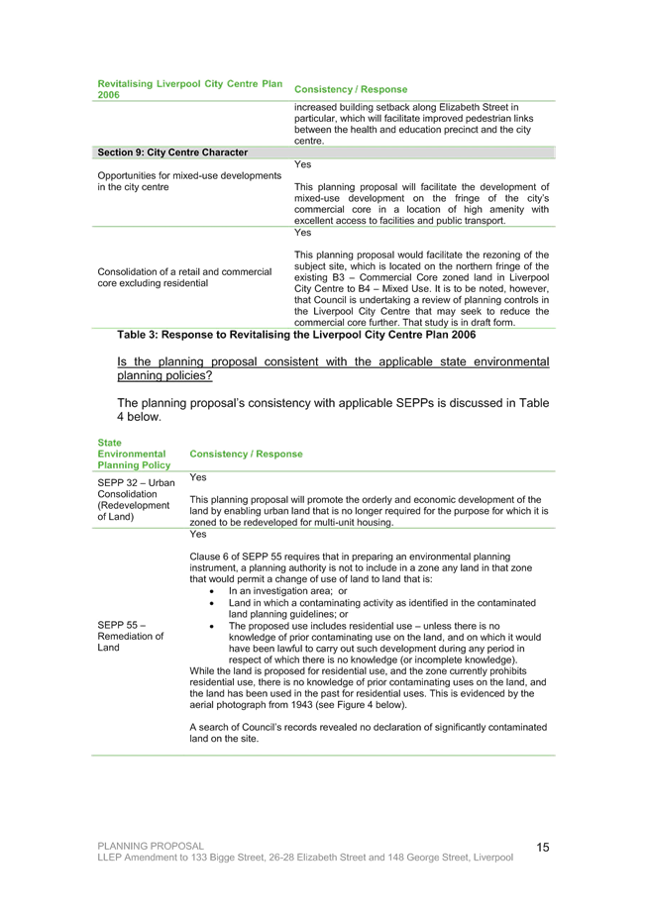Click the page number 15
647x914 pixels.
543,847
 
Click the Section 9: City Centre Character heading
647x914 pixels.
172,152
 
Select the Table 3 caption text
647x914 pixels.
296,335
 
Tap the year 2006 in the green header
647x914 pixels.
109,95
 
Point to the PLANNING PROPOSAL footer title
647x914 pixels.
151,846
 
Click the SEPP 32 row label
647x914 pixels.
136,499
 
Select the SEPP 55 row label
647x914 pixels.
130,636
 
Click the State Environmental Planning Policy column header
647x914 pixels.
134,455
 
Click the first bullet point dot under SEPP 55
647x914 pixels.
212,591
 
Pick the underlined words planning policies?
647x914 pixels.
164,376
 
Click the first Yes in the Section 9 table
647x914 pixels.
303,164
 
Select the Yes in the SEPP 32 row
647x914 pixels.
198,477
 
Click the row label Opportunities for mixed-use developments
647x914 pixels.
189,175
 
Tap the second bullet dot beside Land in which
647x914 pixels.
212,603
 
